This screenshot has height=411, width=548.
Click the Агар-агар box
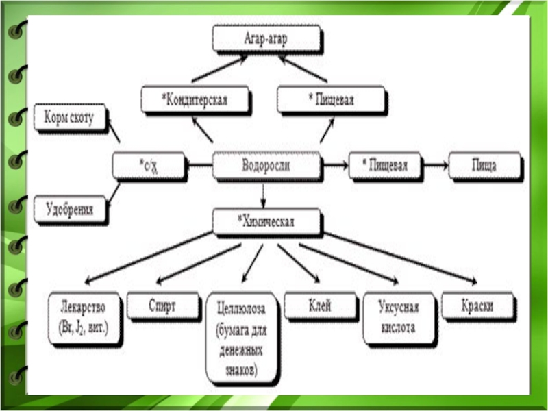[x=266, y=39]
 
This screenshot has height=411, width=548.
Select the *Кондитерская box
[x=195, y=100]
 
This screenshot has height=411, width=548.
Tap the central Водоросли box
[x=266, y=166]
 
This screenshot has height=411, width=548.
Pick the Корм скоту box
[x=70, y=117]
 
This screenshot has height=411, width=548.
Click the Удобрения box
[x=70, y=210]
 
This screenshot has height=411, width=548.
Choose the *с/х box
[x=149, y=166]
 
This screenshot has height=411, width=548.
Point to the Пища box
[x=485, y=166]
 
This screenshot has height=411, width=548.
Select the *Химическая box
[x=266, y=222]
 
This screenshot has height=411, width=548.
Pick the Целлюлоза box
[x=242, y=338]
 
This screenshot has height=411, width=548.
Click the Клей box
[x=320, y=306]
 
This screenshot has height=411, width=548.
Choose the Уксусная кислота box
[x=399, y=319]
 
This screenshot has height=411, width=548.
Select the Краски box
[x=477, y=306]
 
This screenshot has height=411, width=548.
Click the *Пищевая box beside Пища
[x=385, y=166]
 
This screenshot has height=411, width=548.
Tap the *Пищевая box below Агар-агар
[x=332, y=100]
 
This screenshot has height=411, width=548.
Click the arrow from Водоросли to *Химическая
[x=264, y=195]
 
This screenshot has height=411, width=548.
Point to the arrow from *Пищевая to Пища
[x=435, y=166]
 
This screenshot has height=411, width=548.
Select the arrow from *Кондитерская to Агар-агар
[x=219, y=69]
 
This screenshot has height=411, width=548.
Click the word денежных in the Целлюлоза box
[x=241, y=350]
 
